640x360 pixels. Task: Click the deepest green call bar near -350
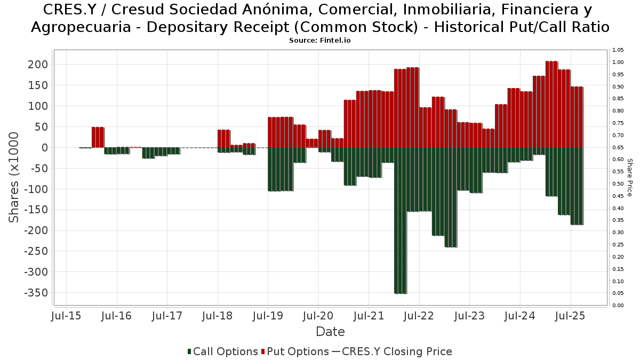coord(400,220)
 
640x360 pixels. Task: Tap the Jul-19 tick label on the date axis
coord(268,316)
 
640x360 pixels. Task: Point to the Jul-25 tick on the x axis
coord(571,316)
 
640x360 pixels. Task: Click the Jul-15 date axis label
coord(66,316)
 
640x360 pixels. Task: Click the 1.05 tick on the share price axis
coord(618,50)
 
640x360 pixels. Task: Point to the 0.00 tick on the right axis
coord(618,305)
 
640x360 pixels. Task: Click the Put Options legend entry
coord(295,351)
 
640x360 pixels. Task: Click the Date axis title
coord(330,332)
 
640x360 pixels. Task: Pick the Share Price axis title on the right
coord(629,177)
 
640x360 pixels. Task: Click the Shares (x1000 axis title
coord(14,178)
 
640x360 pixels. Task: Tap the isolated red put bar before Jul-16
coord(98,137)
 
